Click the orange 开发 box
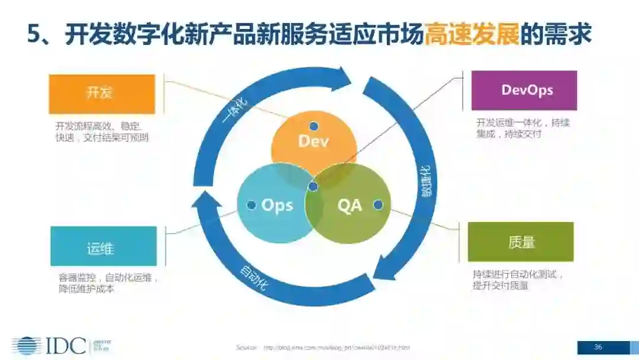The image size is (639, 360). [102, 94]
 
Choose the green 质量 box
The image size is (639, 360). [521, 242]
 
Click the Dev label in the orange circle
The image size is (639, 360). [314, 142]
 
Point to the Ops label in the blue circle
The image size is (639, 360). [277, 205]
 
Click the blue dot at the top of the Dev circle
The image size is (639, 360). [314, 126]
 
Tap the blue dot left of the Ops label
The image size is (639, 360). [250, 205]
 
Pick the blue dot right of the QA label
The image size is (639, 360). [378, 205]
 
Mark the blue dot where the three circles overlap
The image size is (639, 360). [314, 187]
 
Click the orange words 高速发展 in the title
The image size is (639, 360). [472, 35]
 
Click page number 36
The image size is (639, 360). [598, 347]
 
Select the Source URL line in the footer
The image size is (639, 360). [322, 348]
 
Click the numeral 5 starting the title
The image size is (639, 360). [34, 35]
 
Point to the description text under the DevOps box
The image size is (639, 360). [515, 128]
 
